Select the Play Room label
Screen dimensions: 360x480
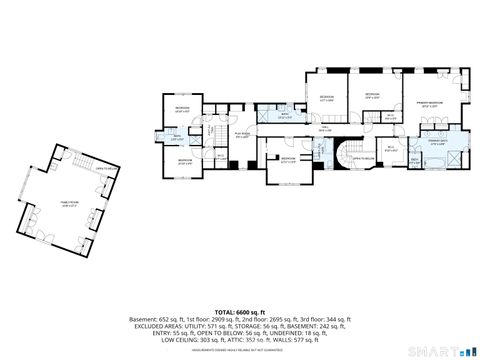[241, 135]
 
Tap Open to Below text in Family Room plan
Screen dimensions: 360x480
[103, 169]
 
